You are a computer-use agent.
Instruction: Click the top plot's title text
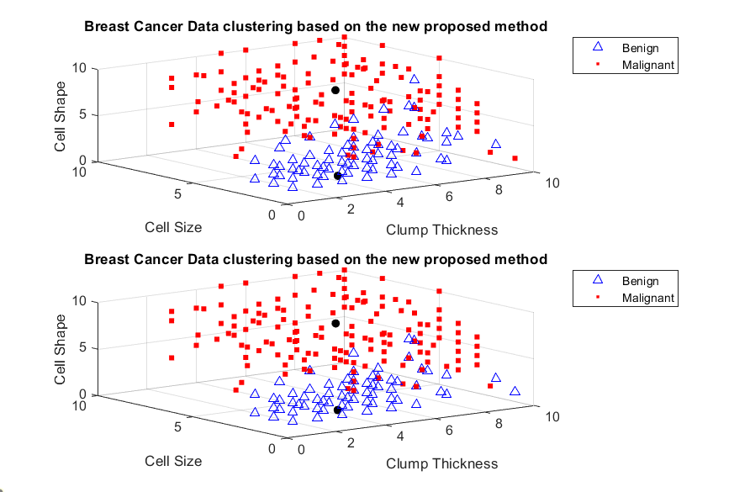pyautogui.click(x=315, y=26)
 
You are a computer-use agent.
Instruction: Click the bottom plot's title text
pyautogui.click(x=315, y=259)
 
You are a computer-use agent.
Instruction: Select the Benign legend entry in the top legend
pyautogui.click(x=640, y=48)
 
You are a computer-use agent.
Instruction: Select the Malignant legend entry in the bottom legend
pyautogui.click(x=648, y=297)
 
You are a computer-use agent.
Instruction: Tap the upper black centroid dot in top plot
pyautogui.click(x=335, y=90)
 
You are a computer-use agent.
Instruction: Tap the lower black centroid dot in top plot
pyautogui.click(x=337, y=177)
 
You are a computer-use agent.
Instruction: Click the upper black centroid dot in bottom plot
pyautogui.click(x=335, y=323)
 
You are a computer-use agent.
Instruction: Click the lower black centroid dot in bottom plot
pyautogui.click(x=337, y=410)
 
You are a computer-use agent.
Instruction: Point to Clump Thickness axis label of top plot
pyautogui.click(x=441, y=230)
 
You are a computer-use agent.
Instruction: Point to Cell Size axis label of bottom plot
pyautogui.click(x=173, y=460)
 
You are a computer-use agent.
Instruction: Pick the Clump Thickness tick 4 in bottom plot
pyautogui.click(x=400, y=436)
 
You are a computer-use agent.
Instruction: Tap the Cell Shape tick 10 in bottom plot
pyautogui.click(x=78, y=301)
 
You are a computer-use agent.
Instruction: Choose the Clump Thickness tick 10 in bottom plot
pyautogui.click(x=552, y=416)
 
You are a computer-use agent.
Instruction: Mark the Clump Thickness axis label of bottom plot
pyautogui.click(x=441, y=463)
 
